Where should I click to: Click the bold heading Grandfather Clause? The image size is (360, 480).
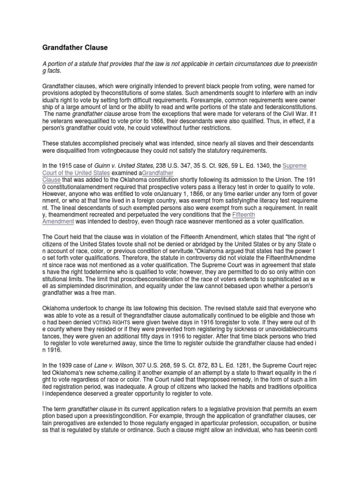75,48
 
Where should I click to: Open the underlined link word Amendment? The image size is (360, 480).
59,221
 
